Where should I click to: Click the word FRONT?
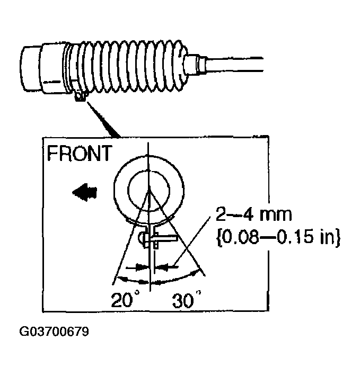(80, 154)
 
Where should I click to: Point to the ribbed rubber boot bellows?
(133, 66)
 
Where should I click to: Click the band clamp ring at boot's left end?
(68, 69)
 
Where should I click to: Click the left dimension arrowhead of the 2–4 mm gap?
(140, 267)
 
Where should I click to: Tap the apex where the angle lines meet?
(150, 190)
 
